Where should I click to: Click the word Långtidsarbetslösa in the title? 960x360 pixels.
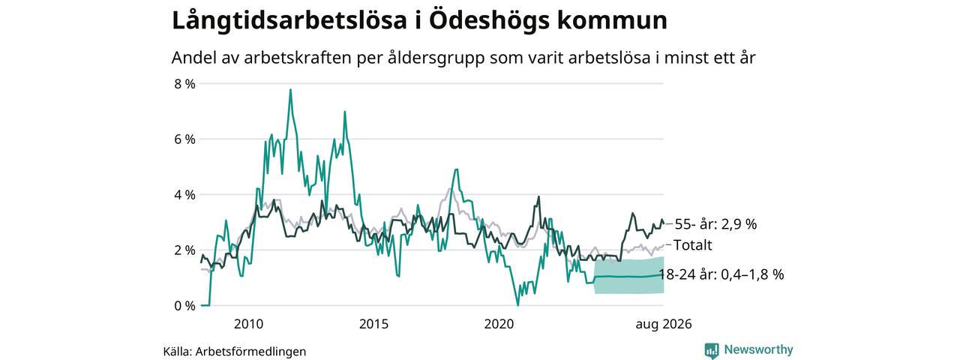click(289, 21)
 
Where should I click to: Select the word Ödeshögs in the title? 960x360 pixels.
click(490, 21)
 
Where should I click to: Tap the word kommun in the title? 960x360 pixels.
click(612, 21)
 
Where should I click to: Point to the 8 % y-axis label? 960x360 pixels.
click(184, 84)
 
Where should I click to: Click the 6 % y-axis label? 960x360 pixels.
click(184, 139)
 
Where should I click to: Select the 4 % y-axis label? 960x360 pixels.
click(184, 195)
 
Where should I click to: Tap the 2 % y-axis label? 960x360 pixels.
click(184, 250)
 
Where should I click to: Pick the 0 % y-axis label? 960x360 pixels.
click(184, 306)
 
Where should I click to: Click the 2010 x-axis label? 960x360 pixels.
click(248, 324)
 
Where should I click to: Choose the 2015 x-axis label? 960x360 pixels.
click(373, 324)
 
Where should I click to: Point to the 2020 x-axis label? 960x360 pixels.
click(499, 324)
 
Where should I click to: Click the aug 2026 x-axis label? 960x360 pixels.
click(664, 325)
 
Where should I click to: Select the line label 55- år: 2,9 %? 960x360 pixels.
click(715, 224)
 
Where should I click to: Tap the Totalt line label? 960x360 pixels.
click(692, 245)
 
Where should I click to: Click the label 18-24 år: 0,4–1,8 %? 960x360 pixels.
click(721, 274)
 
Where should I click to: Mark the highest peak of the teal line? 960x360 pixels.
click(290, 89)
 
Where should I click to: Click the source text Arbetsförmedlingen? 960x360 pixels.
click(250, 352)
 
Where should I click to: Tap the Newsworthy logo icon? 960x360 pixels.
click(712, 350)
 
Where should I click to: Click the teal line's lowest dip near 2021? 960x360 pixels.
click(517, 304)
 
